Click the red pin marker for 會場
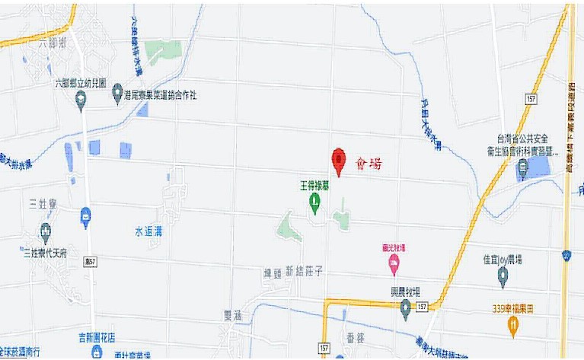click(x=338, y=161)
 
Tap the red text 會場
click(x=369, y=163)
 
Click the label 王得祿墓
click(x=313, y=185)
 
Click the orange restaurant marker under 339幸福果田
click(x=513, y=326)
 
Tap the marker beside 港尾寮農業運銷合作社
click(x=116, y=94)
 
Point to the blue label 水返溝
click(x=148, y=231)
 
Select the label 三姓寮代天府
click(x=47, y=253)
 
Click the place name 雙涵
click(x=232, y=314)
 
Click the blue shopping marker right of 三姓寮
click(x=85, y=218)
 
